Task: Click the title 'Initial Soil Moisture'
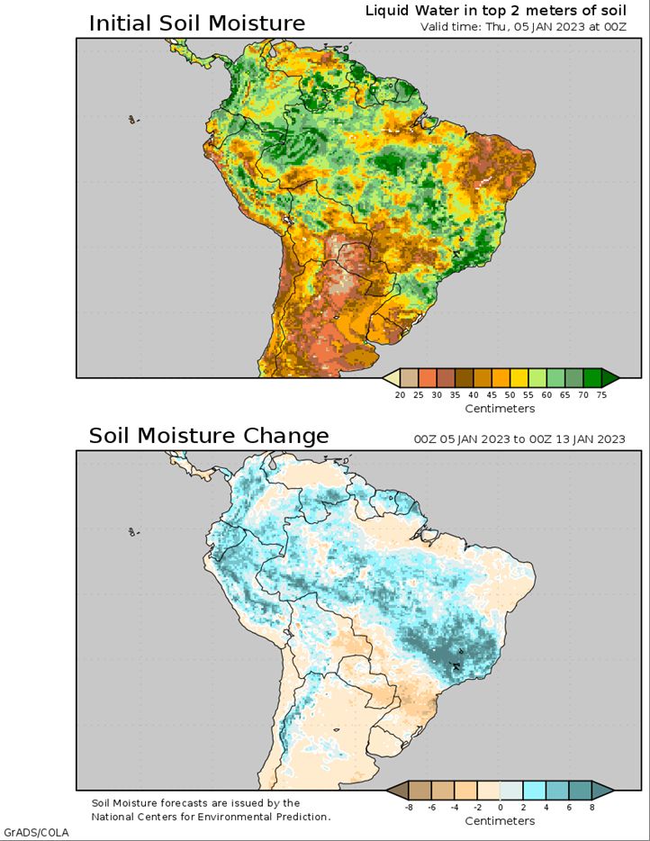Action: (x=197, y=23)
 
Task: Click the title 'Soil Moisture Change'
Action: (x=209, y=436)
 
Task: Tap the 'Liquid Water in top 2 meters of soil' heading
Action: (x=495, y=10)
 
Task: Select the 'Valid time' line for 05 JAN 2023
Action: (x=523, y=27)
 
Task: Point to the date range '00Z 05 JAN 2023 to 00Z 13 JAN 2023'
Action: (x=519, y=439)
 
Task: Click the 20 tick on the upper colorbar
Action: (x=400, y=394)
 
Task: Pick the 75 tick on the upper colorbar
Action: (x=601, y=394)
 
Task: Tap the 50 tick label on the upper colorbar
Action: (x=510, y=394)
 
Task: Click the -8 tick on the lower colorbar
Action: (x=408, y=807)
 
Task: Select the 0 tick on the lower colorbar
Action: (x=501, y=807)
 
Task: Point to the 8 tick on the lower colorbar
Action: (x=592, y=807)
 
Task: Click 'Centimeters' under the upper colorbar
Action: (x=500, y=409)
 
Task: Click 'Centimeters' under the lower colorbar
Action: (x=500, y=821)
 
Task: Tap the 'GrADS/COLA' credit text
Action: (x=37, y=833)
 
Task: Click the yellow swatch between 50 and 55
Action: (x=519, y=377)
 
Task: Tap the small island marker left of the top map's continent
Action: (x=132, y=120)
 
